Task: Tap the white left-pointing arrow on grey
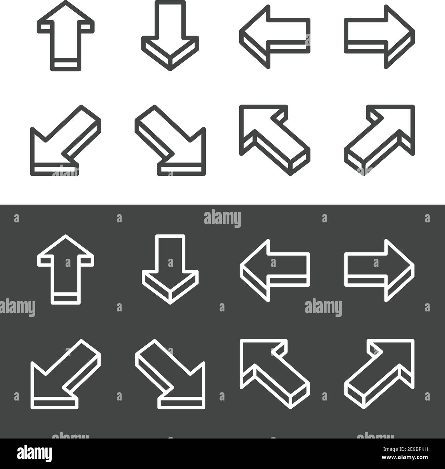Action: click(x=274, y=271)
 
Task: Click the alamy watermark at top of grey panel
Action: click(x=222, y=218)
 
